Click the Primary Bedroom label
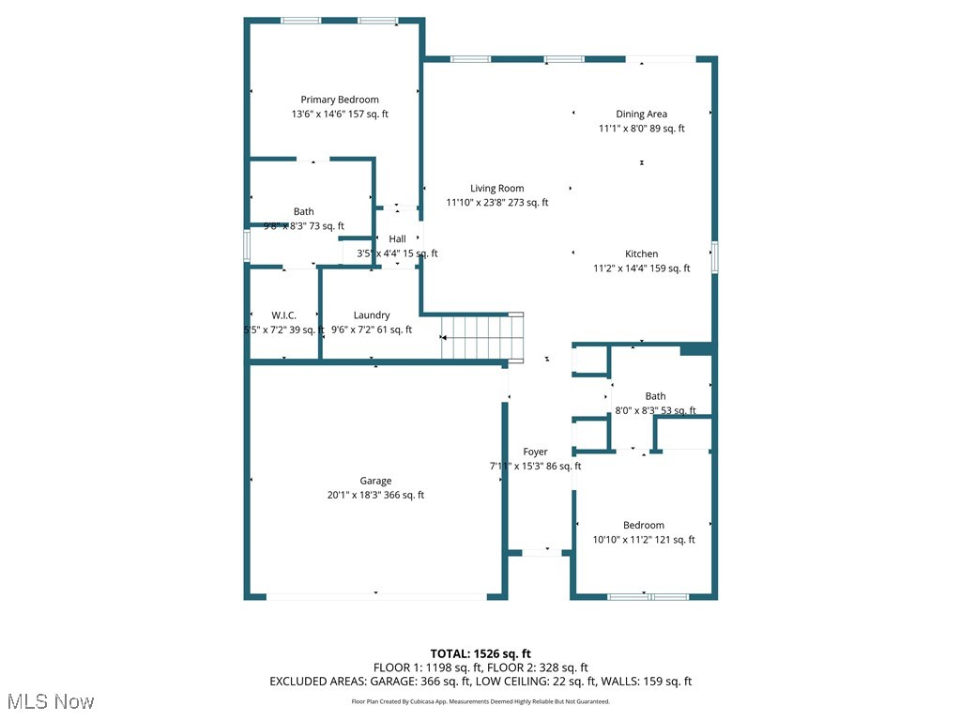pyautogui.click(x=340, y=100)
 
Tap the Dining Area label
pyautogui.click(x=641, y=115)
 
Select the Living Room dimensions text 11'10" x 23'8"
pyautogui.click(x=496, y=203)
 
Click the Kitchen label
pyautogui.click(x=641, y=253)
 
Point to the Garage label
pyautogui.click(x=375, y=481)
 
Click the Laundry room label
pyautogui.click(x=372, y=315)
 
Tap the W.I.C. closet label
pyautogui.click(x=283, y=315)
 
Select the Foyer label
pyautogui.click(x=535, y=452)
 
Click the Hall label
pyautogui.click(x=397, y=239)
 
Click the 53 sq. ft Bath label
pyautogui.click(x=655, y=396)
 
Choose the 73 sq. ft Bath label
pyautogui.click(x=303, y=212)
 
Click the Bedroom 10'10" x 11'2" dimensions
pyautogui.click(x=643, y=540)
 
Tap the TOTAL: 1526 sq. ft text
pyautogui.click(x=480, y=653)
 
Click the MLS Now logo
pyautogui.click(x=51, y=701)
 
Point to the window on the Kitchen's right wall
pyautogui.click(x=714, y=257)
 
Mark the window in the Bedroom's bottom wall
pyautogui.click(x=648, y=596)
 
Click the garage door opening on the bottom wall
pyautogui.click(x=375, y=596)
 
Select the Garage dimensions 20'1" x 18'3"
pyautogui.click(x=375, y=495)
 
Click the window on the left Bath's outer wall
pyautogui.click(x=247, y=245)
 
